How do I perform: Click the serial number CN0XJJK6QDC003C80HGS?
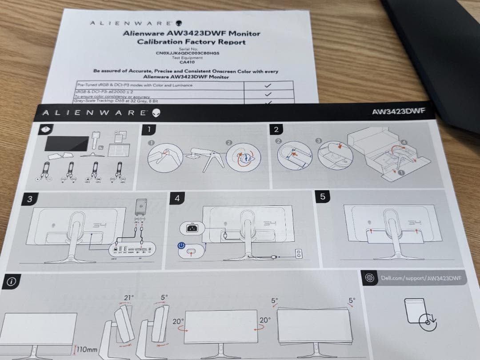(188, 53)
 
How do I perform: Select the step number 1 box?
(152, 130)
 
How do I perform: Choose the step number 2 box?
(276, 129)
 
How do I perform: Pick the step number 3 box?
(30, 199)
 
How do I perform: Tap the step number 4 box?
(177, 198)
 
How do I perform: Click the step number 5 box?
(322, 196)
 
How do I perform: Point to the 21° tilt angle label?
(129, 298)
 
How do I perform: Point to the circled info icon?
(12, 282)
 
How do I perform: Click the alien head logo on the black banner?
(156, 113)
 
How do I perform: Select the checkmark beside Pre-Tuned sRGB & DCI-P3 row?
(268, 85)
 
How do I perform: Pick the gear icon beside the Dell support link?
(369, 278)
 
